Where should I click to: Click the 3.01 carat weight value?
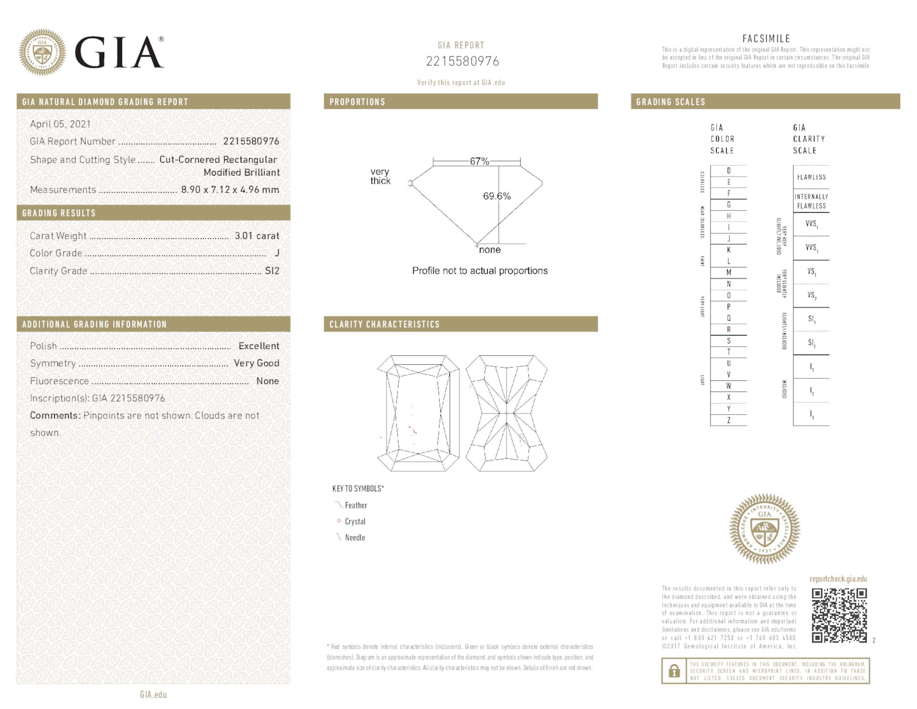[256, 236]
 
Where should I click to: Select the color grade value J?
[277, 253]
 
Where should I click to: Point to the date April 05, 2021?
[60, 124]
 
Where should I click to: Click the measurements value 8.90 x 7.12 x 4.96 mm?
[230, 189]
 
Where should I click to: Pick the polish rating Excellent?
[259, 346]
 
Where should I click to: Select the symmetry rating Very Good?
[256, 363]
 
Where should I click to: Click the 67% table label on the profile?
[479, 161]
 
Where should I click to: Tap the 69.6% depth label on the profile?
[497, 196]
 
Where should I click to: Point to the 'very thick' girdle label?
[380, 176]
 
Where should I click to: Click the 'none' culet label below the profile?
[490, 250]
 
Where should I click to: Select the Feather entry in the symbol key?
[355, 505]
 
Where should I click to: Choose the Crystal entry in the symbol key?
[355, 521]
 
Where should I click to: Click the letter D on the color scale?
[728, 171]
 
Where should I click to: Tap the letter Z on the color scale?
[728, 420]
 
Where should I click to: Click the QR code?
[838, 615]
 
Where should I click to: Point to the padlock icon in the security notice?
[674, 671]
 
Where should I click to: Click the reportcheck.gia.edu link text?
[838, 579]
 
